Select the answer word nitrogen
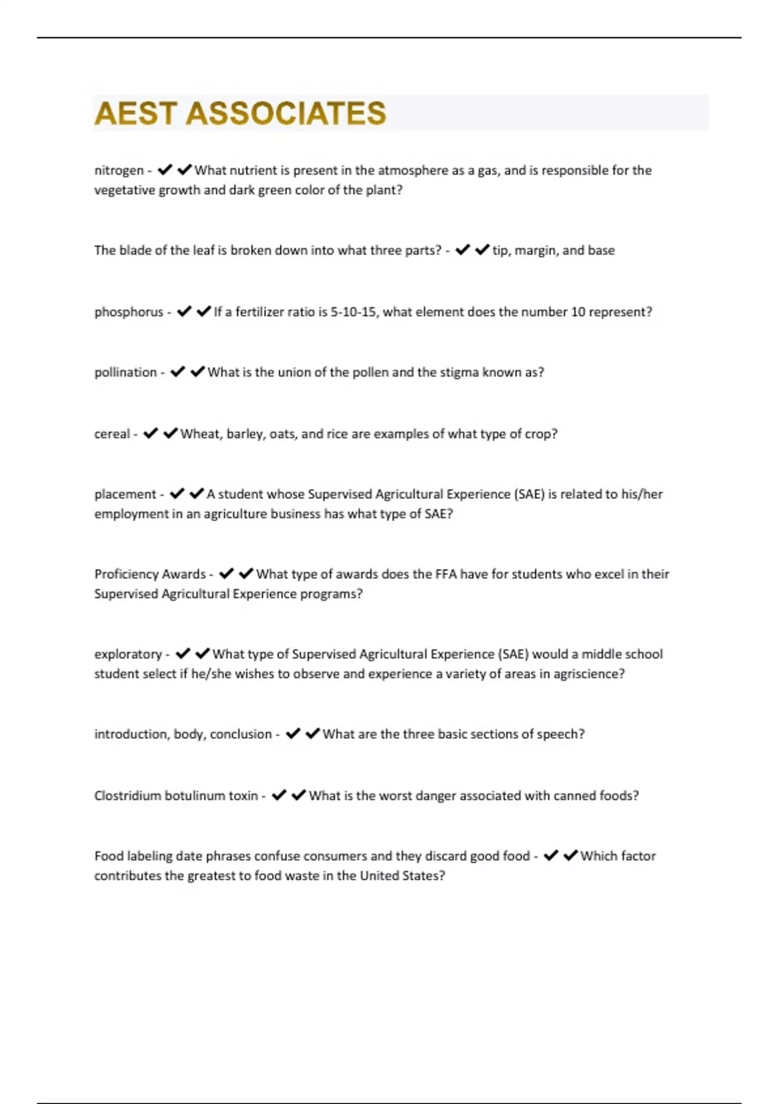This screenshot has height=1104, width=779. [119, 171]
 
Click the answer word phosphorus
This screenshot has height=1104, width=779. [129, 312]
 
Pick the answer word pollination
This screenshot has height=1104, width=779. [125, 373]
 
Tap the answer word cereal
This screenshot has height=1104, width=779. [112, 434]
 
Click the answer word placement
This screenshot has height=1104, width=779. [125, 494]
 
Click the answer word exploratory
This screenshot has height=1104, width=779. [128, 654]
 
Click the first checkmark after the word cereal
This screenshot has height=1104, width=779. [151, 433]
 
